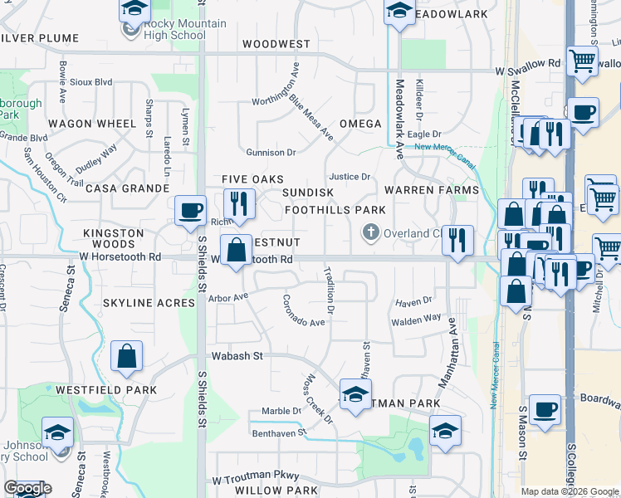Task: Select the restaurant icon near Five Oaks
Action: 239,203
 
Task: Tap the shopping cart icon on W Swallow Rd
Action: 584,61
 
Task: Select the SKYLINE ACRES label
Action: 148,303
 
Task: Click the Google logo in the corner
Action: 27,488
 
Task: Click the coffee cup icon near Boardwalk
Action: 545,410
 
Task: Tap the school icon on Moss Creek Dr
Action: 355,393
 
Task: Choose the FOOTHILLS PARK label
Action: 335,210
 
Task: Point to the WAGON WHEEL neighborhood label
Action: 91,124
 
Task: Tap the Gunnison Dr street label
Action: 271,153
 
